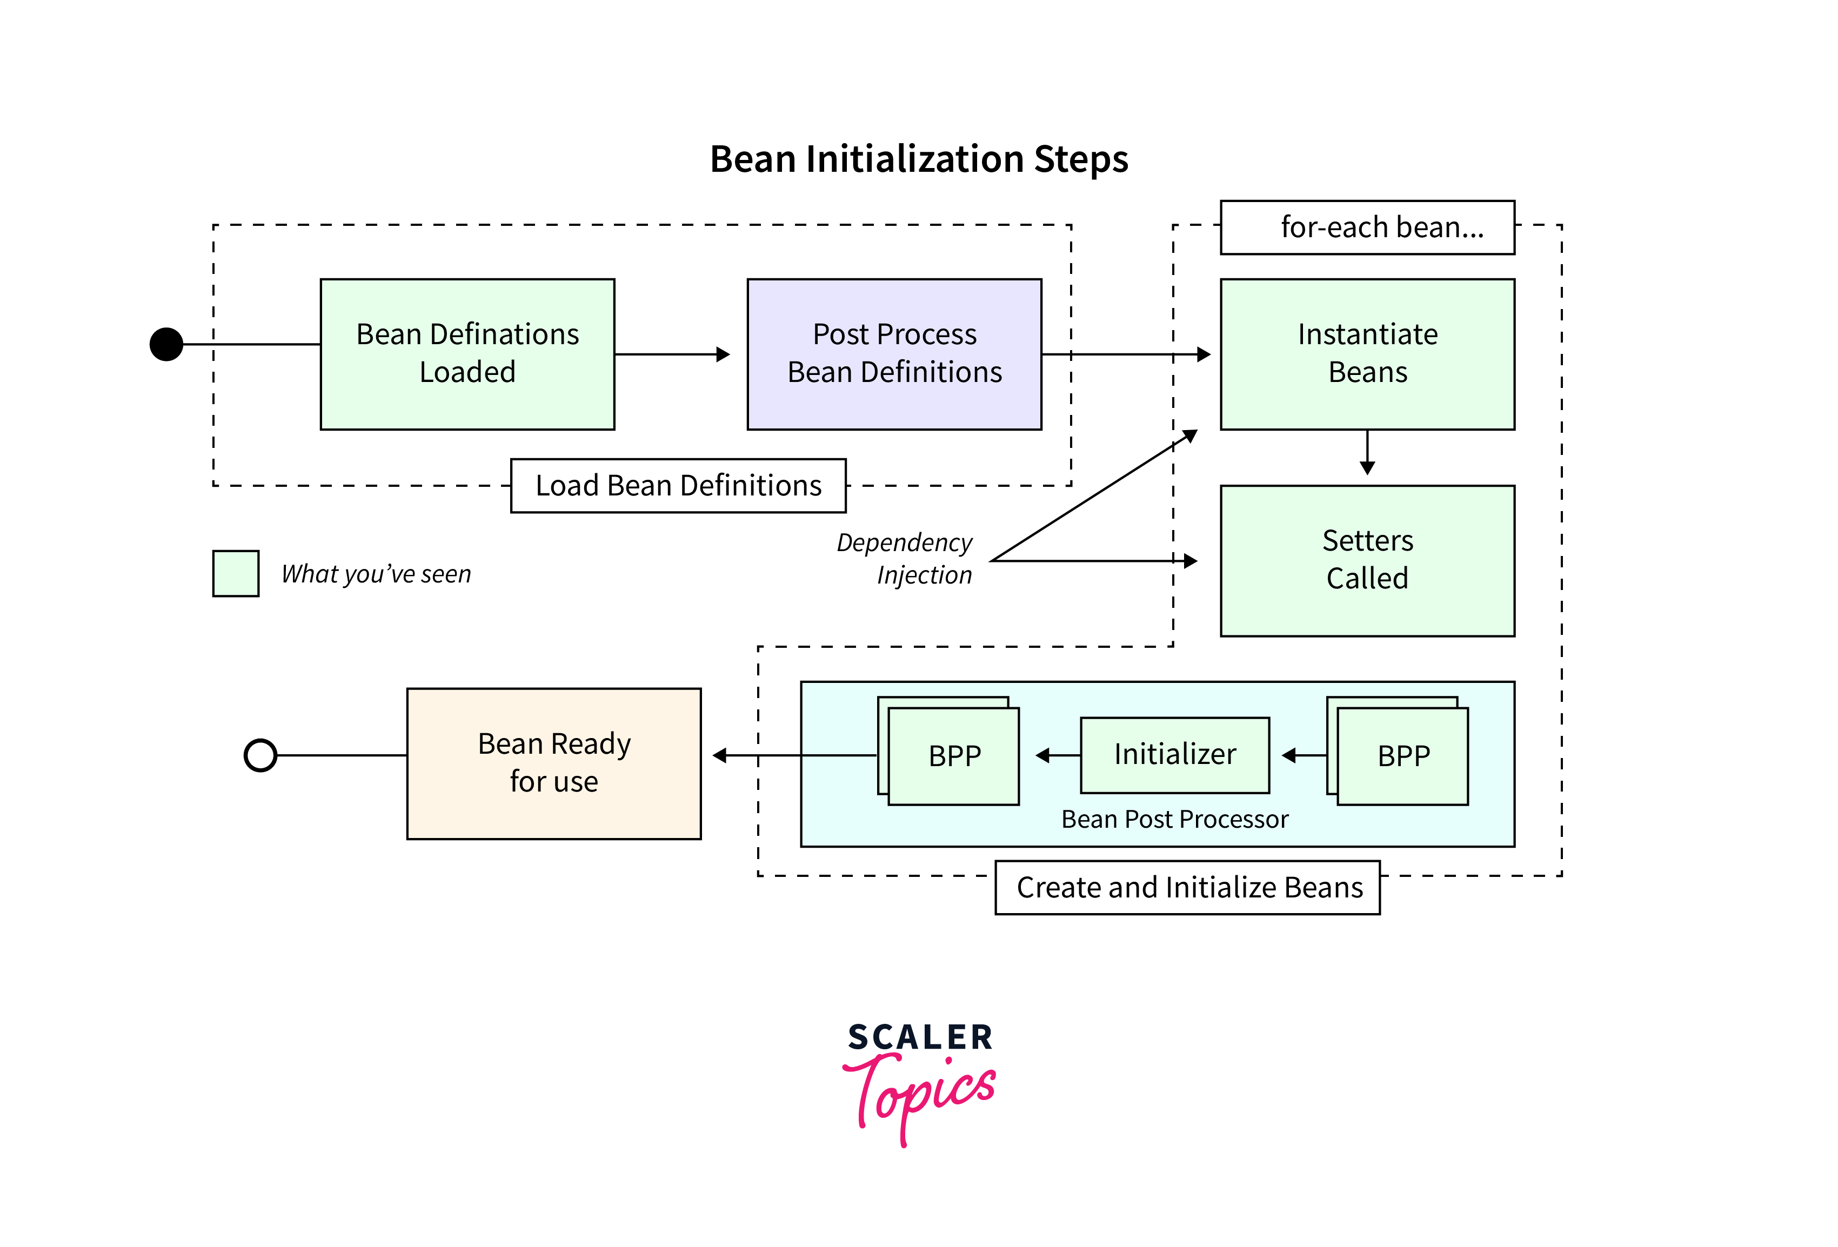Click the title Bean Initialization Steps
pos(918,159)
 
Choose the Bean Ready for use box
pos(553,762)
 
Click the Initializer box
pos(1174,754)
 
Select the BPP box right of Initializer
pos(1402,756)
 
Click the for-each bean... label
pos(1367,227)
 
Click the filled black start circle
pos(166,344)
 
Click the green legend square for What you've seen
pos(236,573)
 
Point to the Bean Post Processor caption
pos(1174,819)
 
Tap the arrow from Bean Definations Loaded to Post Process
pos(672,354)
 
